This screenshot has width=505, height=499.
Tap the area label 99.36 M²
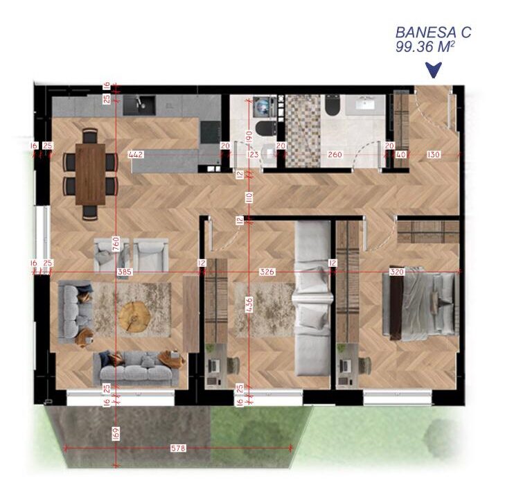(425, 46)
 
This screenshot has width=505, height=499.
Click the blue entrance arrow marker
(434, 69)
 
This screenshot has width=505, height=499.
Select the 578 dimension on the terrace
(178, 448)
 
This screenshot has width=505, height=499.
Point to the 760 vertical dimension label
(116, 243)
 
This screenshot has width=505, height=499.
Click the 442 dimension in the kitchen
(136, 155)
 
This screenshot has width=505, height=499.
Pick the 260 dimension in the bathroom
(335, 155)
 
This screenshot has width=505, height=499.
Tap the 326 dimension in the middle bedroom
(267, 272)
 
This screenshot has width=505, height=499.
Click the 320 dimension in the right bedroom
(397, 272)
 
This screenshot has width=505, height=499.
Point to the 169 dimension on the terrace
(116, 433)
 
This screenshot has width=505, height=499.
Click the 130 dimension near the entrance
(434, 155)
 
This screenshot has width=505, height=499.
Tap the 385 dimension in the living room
(125, 272)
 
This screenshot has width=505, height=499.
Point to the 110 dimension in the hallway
(249, 198)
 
